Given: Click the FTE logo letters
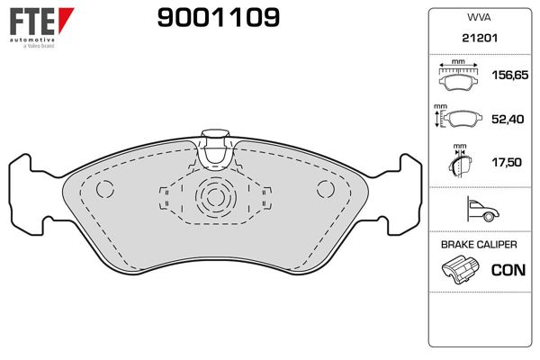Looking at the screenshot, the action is (32, 22).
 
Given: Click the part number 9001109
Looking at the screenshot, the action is (219, 18).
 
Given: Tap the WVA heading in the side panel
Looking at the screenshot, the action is (479, 18).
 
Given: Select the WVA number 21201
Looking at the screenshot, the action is (480, 38).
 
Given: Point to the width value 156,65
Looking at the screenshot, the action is (510, 75).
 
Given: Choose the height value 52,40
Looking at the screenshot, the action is (508, 119).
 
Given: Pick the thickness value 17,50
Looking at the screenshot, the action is (507, 162).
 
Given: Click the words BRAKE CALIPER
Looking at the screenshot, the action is (479, 245).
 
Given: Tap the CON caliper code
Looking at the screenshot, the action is (508, 270).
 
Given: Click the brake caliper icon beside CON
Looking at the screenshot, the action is (460, 269).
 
